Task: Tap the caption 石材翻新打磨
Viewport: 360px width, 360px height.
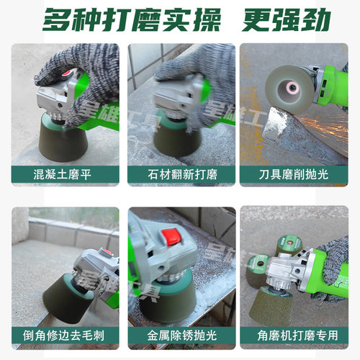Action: click(x=180, y=174)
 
